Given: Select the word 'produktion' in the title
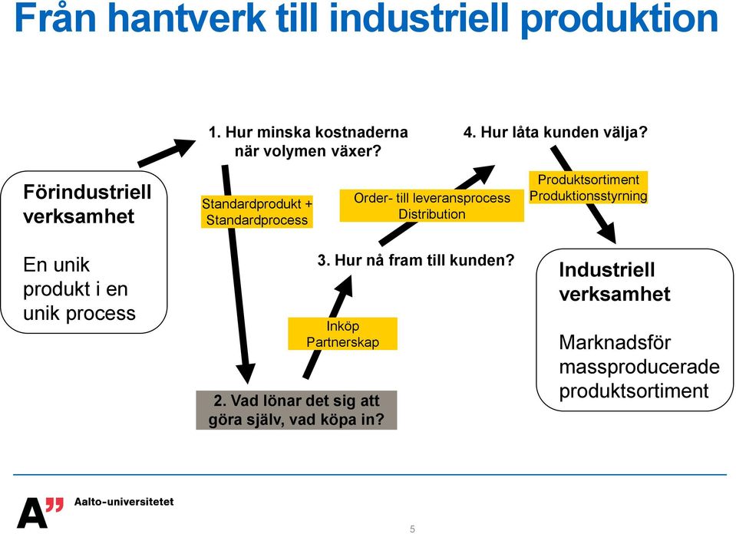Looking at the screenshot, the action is [619, 20].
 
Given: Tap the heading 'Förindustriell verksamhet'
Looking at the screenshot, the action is [87, 204].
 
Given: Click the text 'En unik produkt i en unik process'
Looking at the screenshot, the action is [79, 289].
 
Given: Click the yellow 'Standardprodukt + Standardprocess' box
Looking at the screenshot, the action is [257, 212].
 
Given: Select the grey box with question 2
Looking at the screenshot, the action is [296, 410].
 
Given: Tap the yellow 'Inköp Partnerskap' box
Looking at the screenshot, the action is [342, 334].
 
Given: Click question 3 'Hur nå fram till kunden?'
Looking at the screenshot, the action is [416, 260].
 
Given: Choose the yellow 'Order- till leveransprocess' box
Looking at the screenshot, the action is [432, 206].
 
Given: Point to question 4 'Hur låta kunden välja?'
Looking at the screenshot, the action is [556, 132].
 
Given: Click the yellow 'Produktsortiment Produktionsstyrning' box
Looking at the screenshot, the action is [589, 187].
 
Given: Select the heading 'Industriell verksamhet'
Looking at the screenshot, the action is [615, 282].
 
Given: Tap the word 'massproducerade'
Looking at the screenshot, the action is [639, 367].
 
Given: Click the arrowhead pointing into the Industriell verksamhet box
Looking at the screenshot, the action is [609, 233].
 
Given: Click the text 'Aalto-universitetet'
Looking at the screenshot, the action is [124, 502].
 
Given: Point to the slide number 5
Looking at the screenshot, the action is [412, 529].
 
